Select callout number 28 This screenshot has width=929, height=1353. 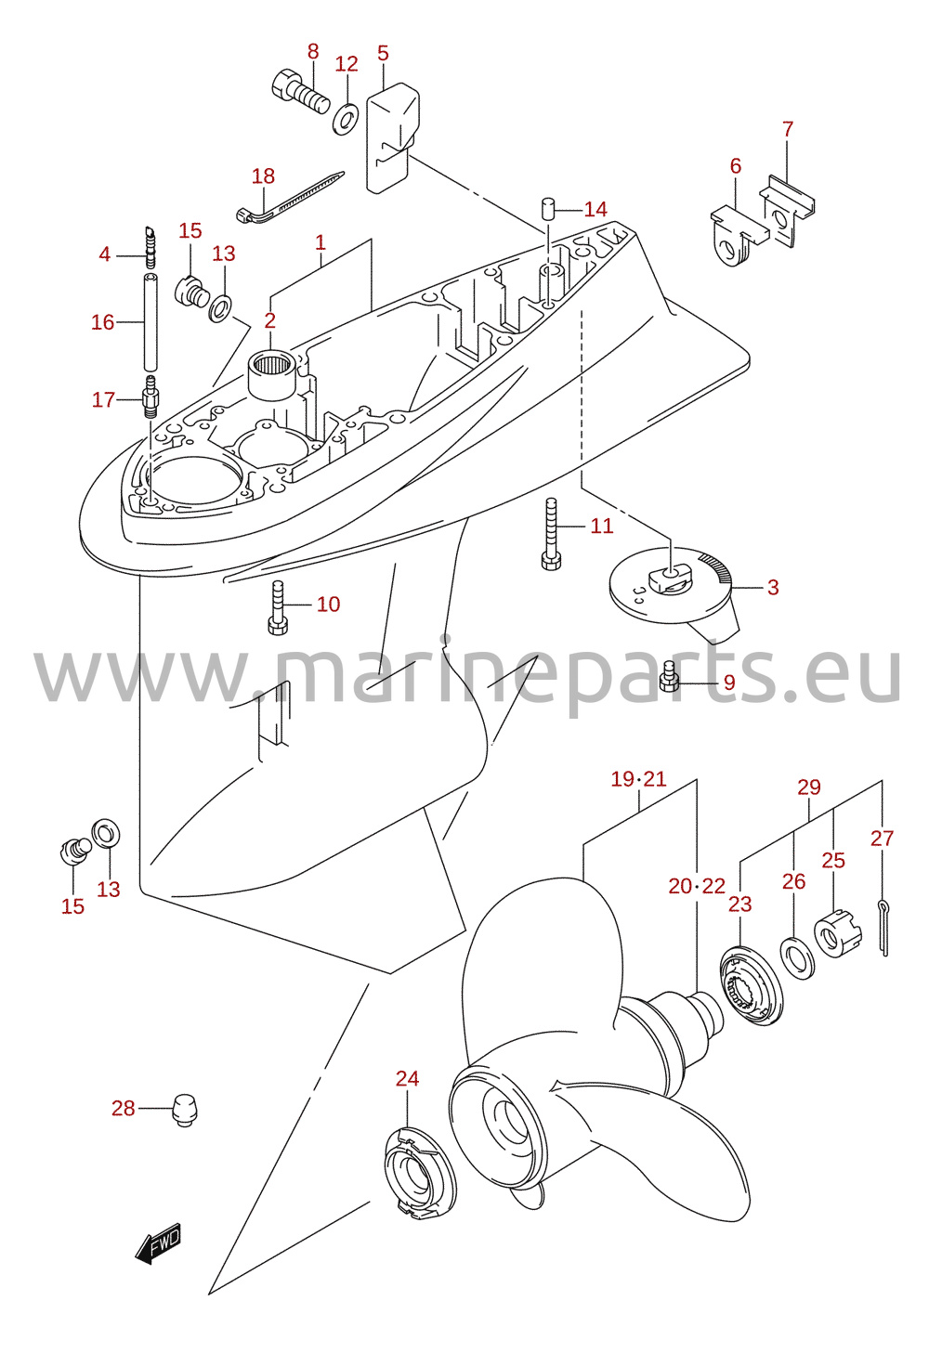(124, 1109)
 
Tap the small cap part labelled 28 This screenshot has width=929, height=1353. (185, 1111)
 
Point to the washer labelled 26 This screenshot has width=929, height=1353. (798, 957)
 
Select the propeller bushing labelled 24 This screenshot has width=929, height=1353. (421, 1173)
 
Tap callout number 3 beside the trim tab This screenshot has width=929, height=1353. (772, 587)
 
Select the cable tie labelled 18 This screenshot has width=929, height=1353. (289, 198)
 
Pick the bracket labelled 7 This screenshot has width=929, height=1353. (786, 211)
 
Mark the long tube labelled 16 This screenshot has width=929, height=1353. (150, 322)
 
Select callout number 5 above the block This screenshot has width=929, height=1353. (383, 53)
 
